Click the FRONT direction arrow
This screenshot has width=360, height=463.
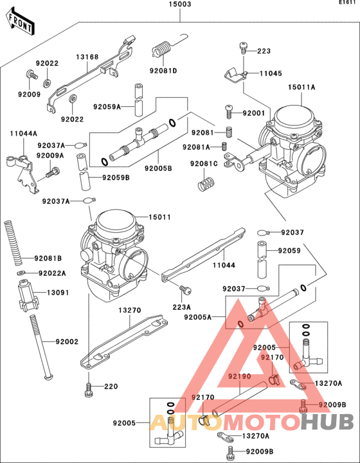20,22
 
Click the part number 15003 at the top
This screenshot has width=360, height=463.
180,4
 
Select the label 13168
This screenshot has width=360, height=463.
87,57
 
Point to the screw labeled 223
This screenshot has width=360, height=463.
244,48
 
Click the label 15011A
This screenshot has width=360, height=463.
301,87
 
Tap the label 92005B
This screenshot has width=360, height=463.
158,168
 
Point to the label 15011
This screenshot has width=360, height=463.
159,217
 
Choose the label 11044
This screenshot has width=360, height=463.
224,265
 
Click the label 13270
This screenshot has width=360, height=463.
130,311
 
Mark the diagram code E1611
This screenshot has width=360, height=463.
347,3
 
